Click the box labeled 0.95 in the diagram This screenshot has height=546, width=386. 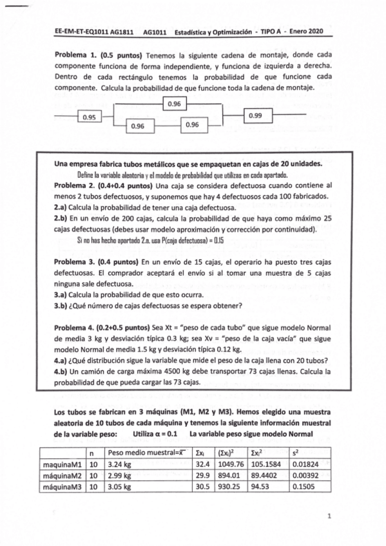(90, 117)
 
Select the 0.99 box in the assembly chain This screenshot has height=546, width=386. (256, 116)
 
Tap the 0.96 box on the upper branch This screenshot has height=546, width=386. (174, 103)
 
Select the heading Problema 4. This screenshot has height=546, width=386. (74, 328)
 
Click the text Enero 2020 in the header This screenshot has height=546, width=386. (305, 30)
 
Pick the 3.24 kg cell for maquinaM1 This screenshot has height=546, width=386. (119, 464)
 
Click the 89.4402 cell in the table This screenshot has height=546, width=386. (264, 475)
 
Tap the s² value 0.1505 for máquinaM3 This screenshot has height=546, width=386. (304, 487)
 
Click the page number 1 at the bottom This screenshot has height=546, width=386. (329, 516)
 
